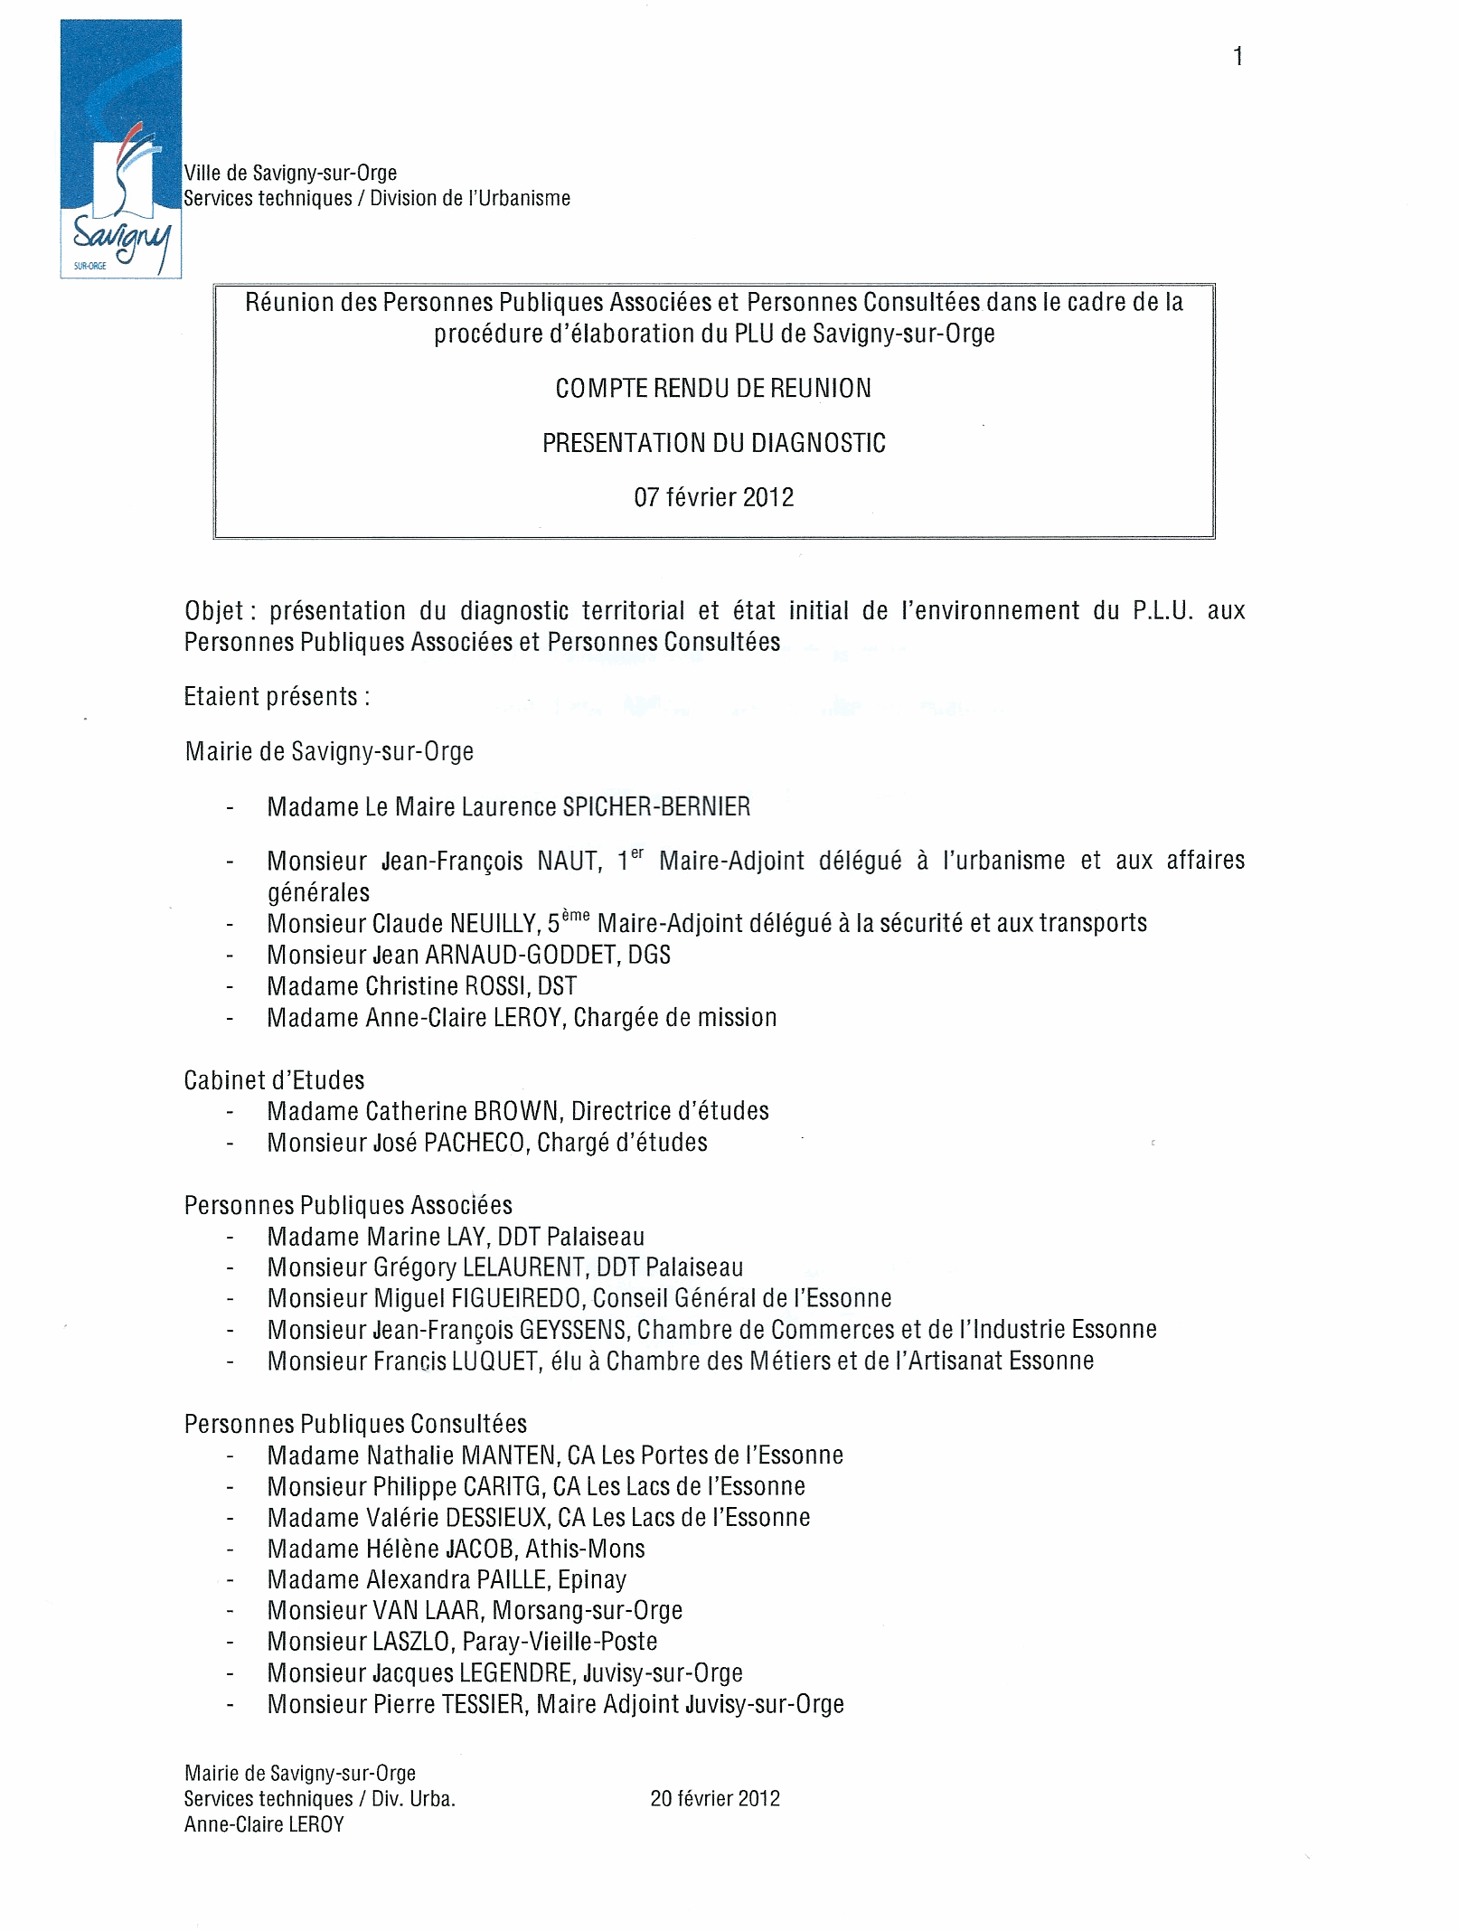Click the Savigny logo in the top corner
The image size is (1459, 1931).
pyautogui.click(x=121, y=149)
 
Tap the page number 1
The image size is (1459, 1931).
pyautogui.click(x=1238, y=57)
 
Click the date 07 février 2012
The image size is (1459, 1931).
pyautogui.click(x=713, y=498)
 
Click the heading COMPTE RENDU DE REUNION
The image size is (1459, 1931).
pyautogui.click(x=713, y=389)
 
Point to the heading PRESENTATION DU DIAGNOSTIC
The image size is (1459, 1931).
pyautogui.click(x=713, y=443)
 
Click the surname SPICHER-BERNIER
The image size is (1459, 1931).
pyautogui.click(x=656, y=807)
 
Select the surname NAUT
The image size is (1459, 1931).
pyautogui.click(x=569, y=862)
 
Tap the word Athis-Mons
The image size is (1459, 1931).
pyautogui.click(x=585, y=1549)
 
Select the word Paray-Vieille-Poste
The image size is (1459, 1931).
pyautogui.click(x=560, y=1641)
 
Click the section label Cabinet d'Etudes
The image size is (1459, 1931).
pyautogui.click(x=274, y=1080)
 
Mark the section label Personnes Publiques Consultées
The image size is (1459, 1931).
pyautogui.click(x=355, y=1424)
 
